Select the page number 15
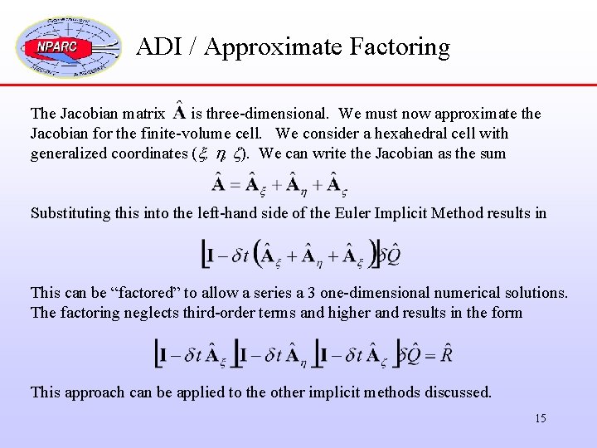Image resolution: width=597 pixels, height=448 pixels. (x=540, y=418)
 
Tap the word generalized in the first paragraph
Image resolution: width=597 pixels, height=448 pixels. (x=68, y=153)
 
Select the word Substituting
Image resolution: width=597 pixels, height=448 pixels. (x=70, y=213)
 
